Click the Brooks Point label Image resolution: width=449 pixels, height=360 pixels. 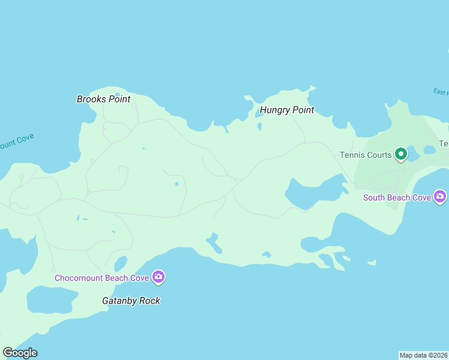pyautogui.click(x=103, y=99)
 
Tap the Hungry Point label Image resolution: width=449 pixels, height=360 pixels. pyautogui.click(x=287, y=110)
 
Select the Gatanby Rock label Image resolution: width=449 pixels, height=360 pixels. pyautogui.click(x=130, y=301)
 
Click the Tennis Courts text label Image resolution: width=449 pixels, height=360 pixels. pyautogui.click(x=366, y=155)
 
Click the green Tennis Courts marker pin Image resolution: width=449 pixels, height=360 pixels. pyautogui.click(x=401, y=154)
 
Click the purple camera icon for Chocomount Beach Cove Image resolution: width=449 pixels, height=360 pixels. pyautogui.click(x=158, y=277)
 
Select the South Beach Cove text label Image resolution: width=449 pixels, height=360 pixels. pyautogui.click(x=397, y=197)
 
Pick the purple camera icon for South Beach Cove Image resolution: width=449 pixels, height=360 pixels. pyautogui.click(x=441, y=196)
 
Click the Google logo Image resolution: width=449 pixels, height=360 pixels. pyautogui.click(x=20, y=353)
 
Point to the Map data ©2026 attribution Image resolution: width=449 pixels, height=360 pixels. pyautogui.click(x=423, y=355)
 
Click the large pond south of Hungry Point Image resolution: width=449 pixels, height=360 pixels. pyautogui.click(x=312, y=192)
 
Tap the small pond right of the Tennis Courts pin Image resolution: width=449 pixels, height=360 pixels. pyautogui.click(x=430, y=149)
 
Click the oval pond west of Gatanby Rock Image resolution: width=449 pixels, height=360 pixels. pyautogui.click(x=51, y=299)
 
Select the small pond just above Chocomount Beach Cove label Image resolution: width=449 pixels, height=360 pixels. pyautogui.click(x=120, y=263)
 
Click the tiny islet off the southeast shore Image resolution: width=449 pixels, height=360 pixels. pyautogui.click(x=372, y=262)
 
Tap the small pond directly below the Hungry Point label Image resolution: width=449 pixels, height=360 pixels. pyautogui.click(x=259, y=127)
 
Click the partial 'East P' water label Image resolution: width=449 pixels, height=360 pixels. pyautogui.click(x=441, y=92)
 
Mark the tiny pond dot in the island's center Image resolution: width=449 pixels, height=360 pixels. pyautogui.click(x=176, y=184)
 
